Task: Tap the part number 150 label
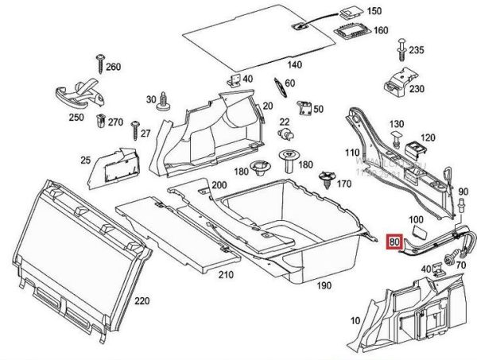(x=374, y=12)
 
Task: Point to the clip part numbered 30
(x=165, y=101)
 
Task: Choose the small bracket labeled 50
(x=305, y=109)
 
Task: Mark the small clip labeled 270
(x=102, y=122)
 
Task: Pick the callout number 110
(x=350, y=151)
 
